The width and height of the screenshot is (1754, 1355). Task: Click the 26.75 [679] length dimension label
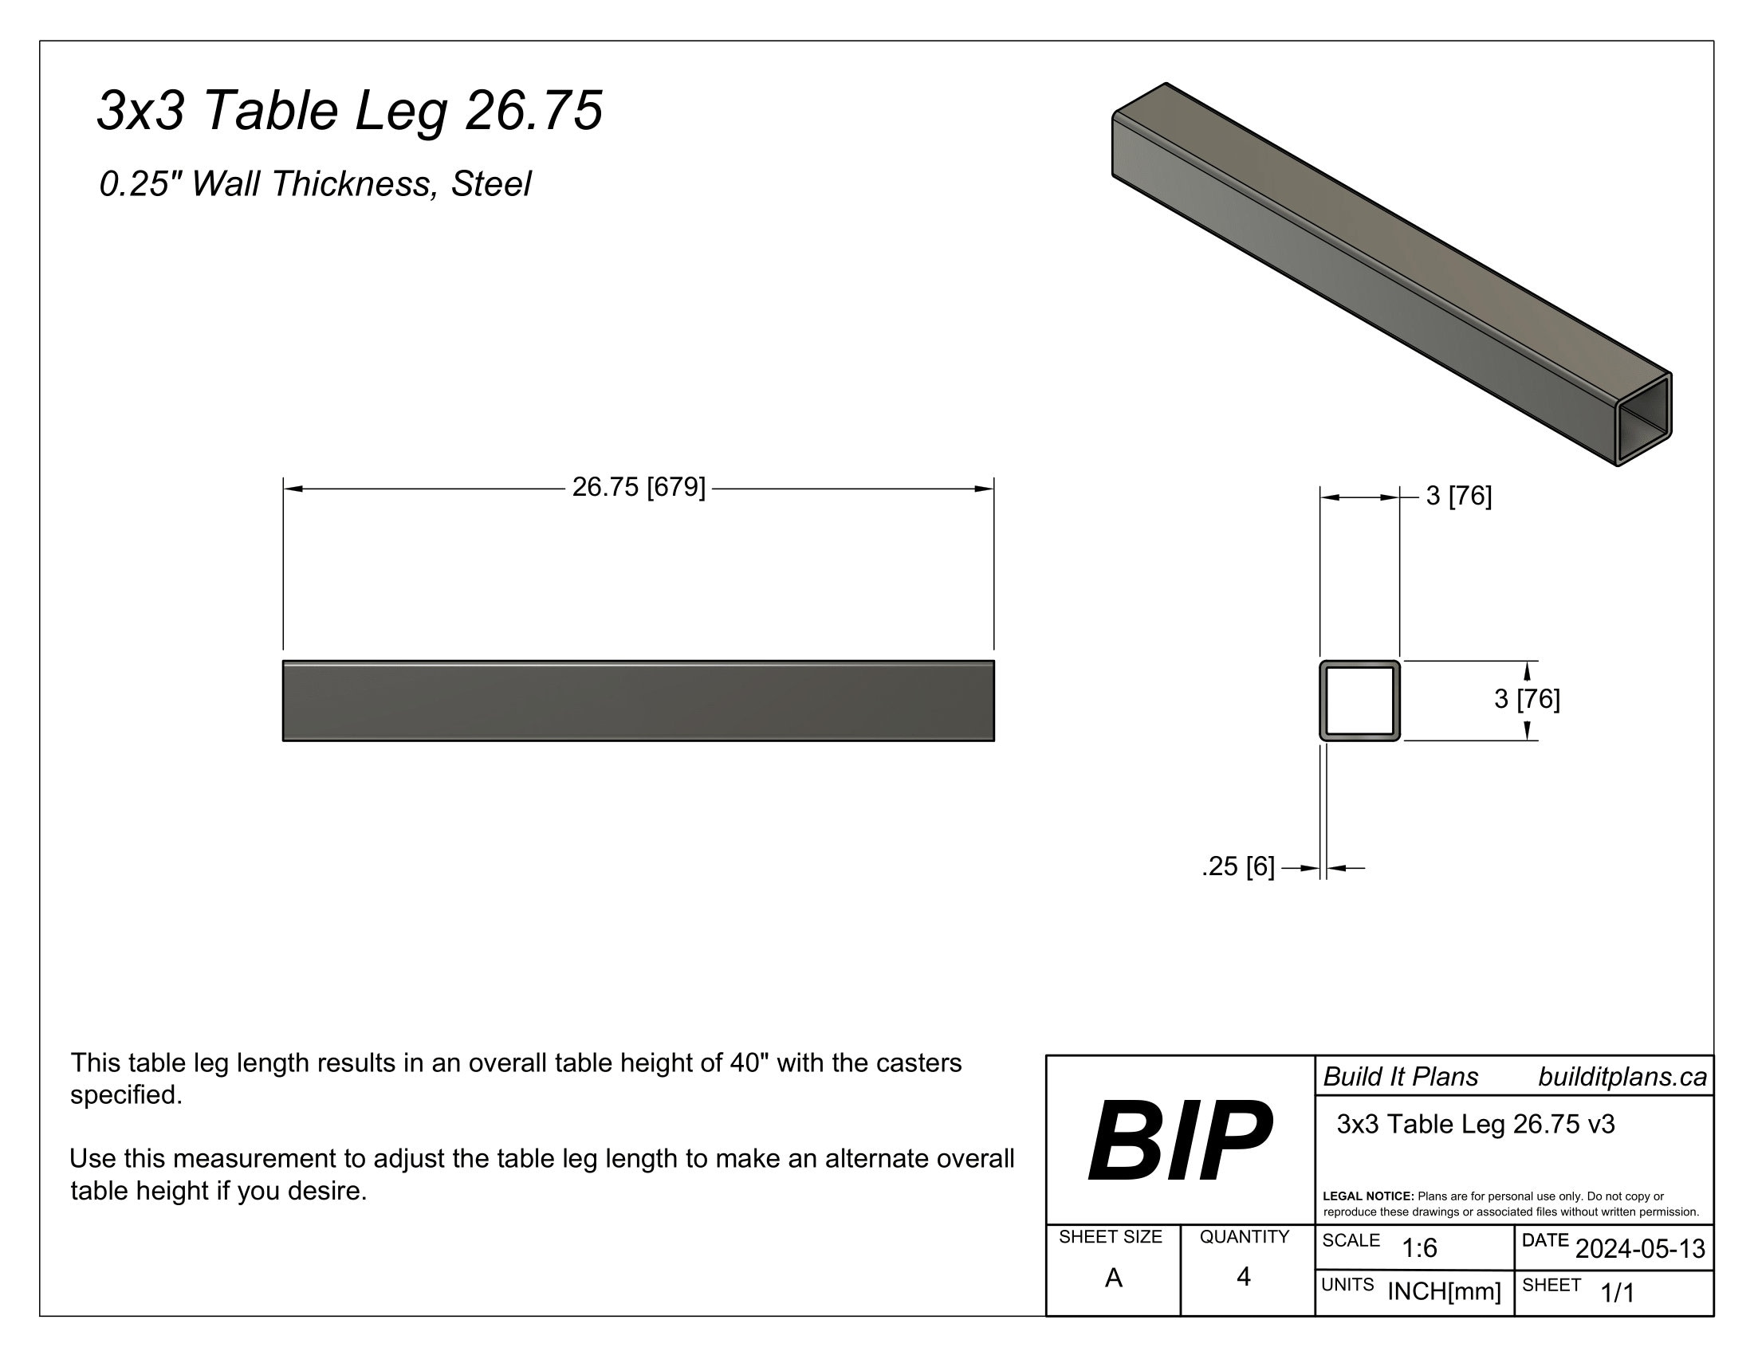pyautogui.click(x=639, y=487)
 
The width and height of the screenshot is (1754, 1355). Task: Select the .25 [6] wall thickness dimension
pyautogui.click(x=1237, y=867)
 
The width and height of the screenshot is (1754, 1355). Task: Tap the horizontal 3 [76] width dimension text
pyautogui.click(x=1458, y=496)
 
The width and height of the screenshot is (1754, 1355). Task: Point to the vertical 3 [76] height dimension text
pyautogui.click(x=1526, y=699)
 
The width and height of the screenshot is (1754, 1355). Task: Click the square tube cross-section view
pyautogui.click(x=1359, y=701)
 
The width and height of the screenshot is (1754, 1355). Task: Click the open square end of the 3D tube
pyautogui.click(x=1643, y=421)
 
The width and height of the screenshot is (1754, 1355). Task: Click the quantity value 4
pyautogui.click(x=1243, y=1277)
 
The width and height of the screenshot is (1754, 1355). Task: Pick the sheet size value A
pyautogui.click(x=1113, y=1278)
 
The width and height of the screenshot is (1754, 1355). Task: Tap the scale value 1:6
pyautogui.click(x=1419, y=1248)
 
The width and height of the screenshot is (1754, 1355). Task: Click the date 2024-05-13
pyautogui.click(x=1640, y=1249)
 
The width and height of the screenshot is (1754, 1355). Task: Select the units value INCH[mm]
pyautogui.click(x=1444, y=1291)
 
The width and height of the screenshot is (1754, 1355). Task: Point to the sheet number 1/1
pyautogui.click(x=1618, y=1293)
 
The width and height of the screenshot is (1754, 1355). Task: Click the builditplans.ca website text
pyautogui.click(x=1622, y=1078)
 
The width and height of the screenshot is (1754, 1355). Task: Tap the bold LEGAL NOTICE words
pyautogui.click(x=1367, y=1196)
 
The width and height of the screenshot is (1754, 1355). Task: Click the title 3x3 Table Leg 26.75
pyautogui.click(x=349, y=110)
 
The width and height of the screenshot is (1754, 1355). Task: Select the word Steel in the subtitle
pyautogui.click(x=490, y=184)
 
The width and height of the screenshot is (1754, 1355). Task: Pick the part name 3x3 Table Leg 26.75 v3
pyautogui.click(x=1475, y=1124)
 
